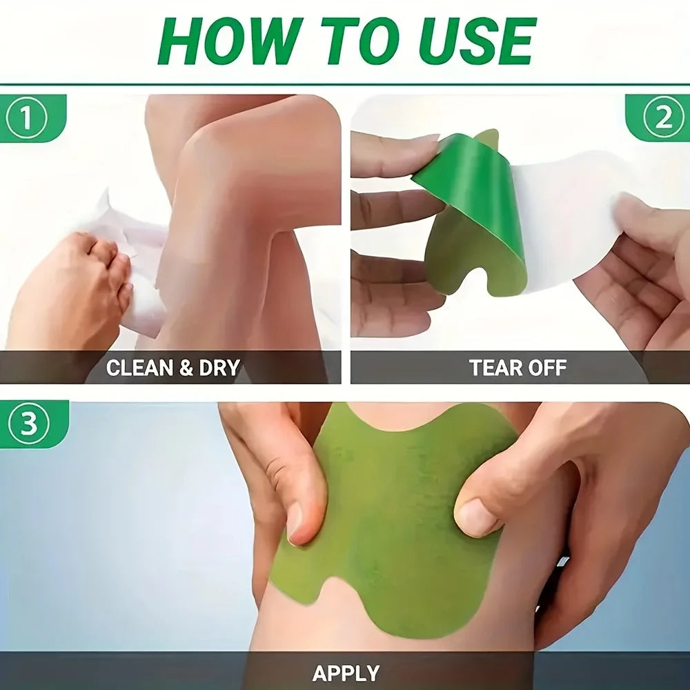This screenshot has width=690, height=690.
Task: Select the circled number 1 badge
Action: point(26,118)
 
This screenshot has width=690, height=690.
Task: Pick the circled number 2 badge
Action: point(662,118)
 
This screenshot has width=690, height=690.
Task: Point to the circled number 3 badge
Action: point(28,424)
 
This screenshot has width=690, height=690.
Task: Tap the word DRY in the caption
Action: point(219,368)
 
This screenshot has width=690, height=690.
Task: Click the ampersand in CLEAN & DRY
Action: point(186,368)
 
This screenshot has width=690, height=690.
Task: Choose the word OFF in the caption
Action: point(545,368)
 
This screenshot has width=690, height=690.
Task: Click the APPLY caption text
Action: point(346,673)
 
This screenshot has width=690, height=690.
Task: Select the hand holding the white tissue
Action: point(69,290)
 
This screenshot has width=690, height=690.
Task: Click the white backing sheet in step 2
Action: point(573,207)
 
